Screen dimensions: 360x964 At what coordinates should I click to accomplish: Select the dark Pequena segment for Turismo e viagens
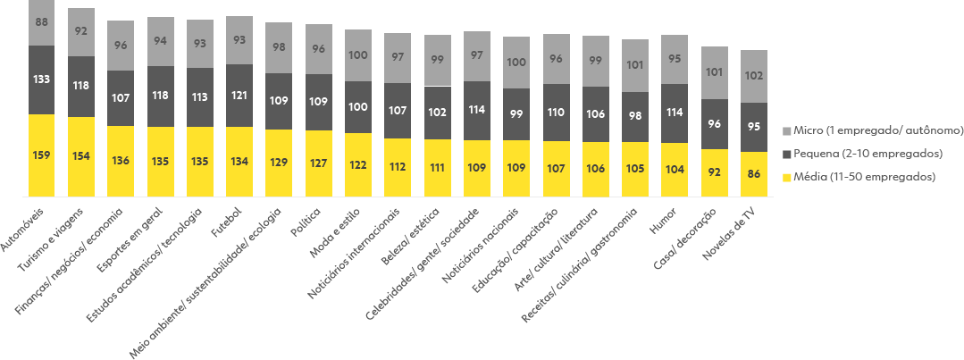tap(81, 87)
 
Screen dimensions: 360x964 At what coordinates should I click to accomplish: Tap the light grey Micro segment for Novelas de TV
tap(754, 76)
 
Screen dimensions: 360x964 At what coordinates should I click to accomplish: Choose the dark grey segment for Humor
tap(675, 113)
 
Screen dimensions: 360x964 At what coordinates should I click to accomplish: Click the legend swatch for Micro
tap(787, 130)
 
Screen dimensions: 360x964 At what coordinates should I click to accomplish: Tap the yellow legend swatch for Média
tap(787, 177)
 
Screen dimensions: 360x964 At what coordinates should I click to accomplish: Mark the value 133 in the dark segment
tap(41, 80)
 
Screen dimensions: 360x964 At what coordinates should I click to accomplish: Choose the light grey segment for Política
tap(319, 49)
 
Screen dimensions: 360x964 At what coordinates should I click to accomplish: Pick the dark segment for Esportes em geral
tap(161, 96)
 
